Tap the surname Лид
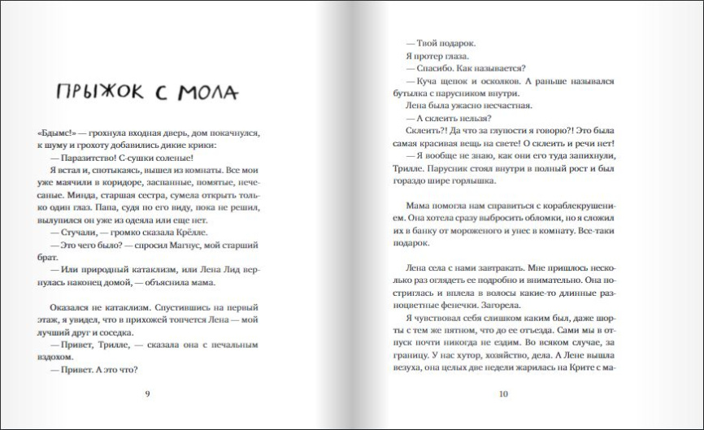[x=211, y=269]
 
